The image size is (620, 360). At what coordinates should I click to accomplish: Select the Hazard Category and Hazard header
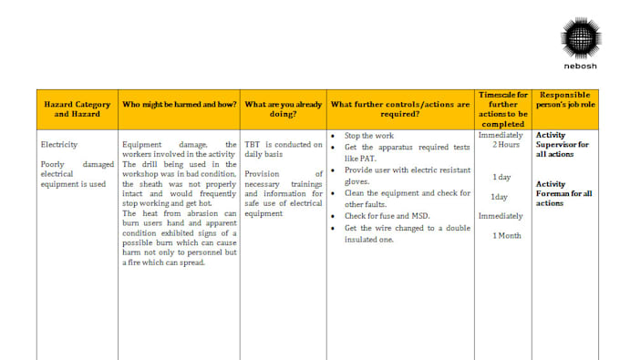[77, 109]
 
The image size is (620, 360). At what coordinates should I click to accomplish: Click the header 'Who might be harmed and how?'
[180, 104]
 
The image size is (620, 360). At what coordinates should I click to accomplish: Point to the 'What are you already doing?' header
[283, 109]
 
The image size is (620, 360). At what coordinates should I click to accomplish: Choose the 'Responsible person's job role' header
[565, 99]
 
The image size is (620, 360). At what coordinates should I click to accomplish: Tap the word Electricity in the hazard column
[59, 144]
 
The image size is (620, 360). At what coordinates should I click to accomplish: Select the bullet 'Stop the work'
[369, 136]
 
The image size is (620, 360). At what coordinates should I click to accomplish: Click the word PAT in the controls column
[368, 159]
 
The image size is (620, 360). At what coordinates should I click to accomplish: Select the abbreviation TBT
[253, 144]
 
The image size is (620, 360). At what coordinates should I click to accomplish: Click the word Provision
[263, 173]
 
